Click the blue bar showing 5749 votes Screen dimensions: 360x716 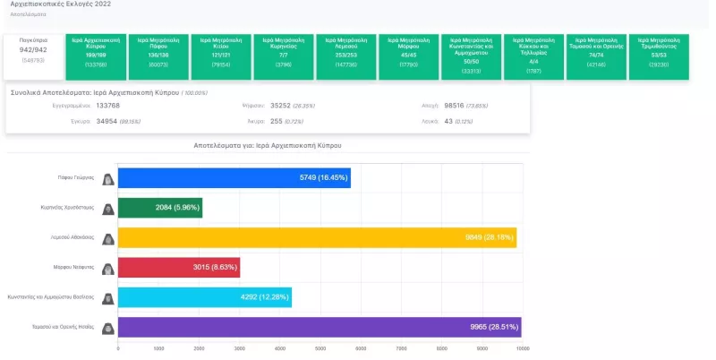coord(234,178)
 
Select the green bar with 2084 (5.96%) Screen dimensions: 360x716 coord(160,208)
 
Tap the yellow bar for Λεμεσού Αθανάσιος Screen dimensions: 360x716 coord(317,238)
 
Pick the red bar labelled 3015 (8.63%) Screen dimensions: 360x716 coord(179,268)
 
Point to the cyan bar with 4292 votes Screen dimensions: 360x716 coord(205,297)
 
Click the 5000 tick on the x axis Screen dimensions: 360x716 coord(320,348)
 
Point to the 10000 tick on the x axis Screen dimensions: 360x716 coord(522,348)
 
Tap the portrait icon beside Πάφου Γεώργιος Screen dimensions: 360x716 coord(107,178)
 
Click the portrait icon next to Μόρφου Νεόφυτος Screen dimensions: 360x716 coord(107,268)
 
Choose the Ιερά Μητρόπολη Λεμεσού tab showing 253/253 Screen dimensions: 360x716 coord(346,56)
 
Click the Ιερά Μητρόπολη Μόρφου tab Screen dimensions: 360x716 coord(409,56)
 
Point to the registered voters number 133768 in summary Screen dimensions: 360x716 coord(107,105)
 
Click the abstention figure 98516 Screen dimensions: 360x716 coord(460,105)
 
